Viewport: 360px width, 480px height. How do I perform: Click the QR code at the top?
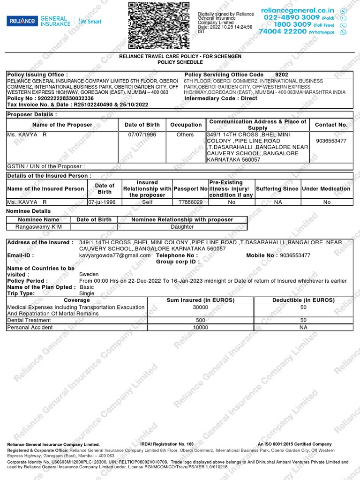pos(159,26)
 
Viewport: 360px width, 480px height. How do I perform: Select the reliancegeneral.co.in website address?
pos(298,10)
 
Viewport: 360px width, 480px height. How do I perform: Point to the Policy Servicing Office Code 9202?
pos(282,75)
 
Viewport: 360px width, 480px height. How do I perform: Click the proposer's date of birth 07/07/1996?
pos(142,135)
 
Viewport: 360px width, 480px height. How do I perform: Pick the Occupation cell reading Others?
pos(185,135)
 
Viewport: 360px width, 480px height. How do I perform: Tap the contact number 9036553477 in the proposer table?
pos(331,141)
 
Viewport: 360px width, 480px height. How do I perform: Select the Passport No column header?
pos(190,188)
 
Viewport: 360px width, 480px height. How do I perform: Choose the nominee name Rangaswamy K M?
pos(38,227)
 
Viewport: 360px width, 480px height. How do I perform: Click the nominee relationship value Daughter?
pos(182,227)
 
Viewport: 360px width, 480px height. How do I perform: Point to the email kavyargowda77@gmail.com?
pos(115,255)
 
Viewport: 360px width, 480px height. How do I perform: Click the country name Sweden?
pos(89,274)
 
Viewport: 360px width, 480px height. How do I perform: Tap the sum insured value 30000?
pos(201,307)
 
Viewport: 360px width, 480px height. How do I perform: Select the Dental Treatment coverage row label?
pos(29,320)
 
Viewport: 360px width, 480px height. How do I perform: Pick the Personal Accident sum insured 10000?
pos(201,328)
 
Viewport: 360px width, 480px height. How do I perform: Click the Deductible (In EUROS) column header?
pos(303,300)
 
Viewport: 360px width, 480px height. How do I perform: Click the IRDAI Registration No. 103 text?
pos(166,443)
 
